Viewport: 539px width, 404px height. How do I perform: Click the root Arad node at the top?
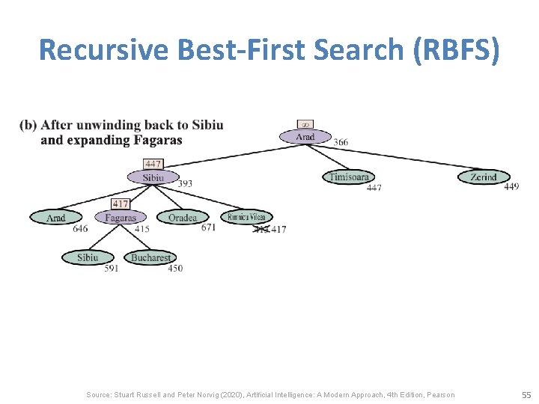(305, 137)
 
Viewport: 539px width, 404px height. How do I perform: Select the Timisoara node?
(348, 177)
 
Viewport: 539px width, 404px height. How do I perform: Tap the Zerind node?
(484, 177)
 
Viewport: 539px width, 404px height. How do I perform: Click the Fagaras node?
(121, 218)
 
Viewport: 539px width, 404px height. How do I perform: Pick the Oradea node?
(183, 218)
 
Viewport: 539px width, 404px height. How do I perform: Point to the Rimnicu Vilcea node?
(246, 217)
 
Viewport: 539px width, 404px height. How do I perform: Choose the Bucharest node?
(150, 257)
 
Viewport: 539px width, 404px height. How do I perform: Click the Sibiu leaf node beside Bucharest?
(88, 257)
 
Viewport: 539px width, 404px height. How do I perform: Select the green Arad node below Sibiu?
(56, 218)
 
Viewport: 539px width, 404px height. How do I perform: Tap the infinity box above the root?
(305, 124)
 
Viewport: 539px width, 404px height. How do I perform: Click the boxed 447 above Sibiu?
(153, 164)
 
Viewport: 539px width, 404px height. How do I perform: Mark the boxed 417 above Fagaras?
(121, 203)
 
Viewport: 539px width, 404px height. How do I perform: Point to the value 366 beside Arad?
(341, 143)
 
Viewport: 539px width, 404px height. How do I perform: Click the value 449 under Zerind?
(511, 187)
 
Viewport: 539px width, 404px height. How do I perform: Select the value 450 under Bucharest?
(174, 269)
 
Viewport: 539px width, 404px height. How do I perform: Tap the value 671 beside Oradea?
(208, 227)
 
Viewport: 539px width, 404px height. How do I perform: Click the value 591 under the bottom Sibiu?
(112, 269)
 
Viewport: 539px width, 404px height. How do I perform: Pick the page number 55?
(526, 394)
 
